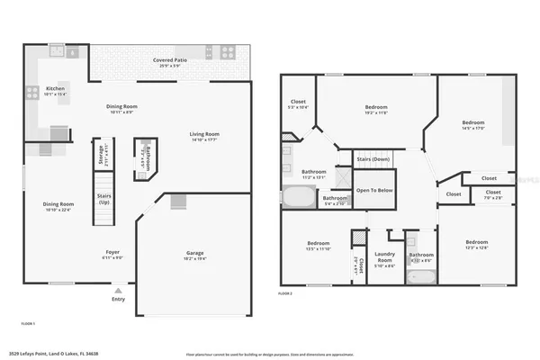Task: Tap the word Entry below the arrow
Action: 118,299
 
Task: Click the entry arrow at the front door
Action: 118,290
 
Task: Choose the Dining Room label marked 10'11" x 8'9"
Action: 122,110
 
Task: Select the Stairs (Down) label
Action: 372,158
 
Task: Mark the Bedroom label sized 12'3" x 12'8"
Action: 478,245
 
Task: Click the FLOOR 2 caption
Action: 285,294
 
